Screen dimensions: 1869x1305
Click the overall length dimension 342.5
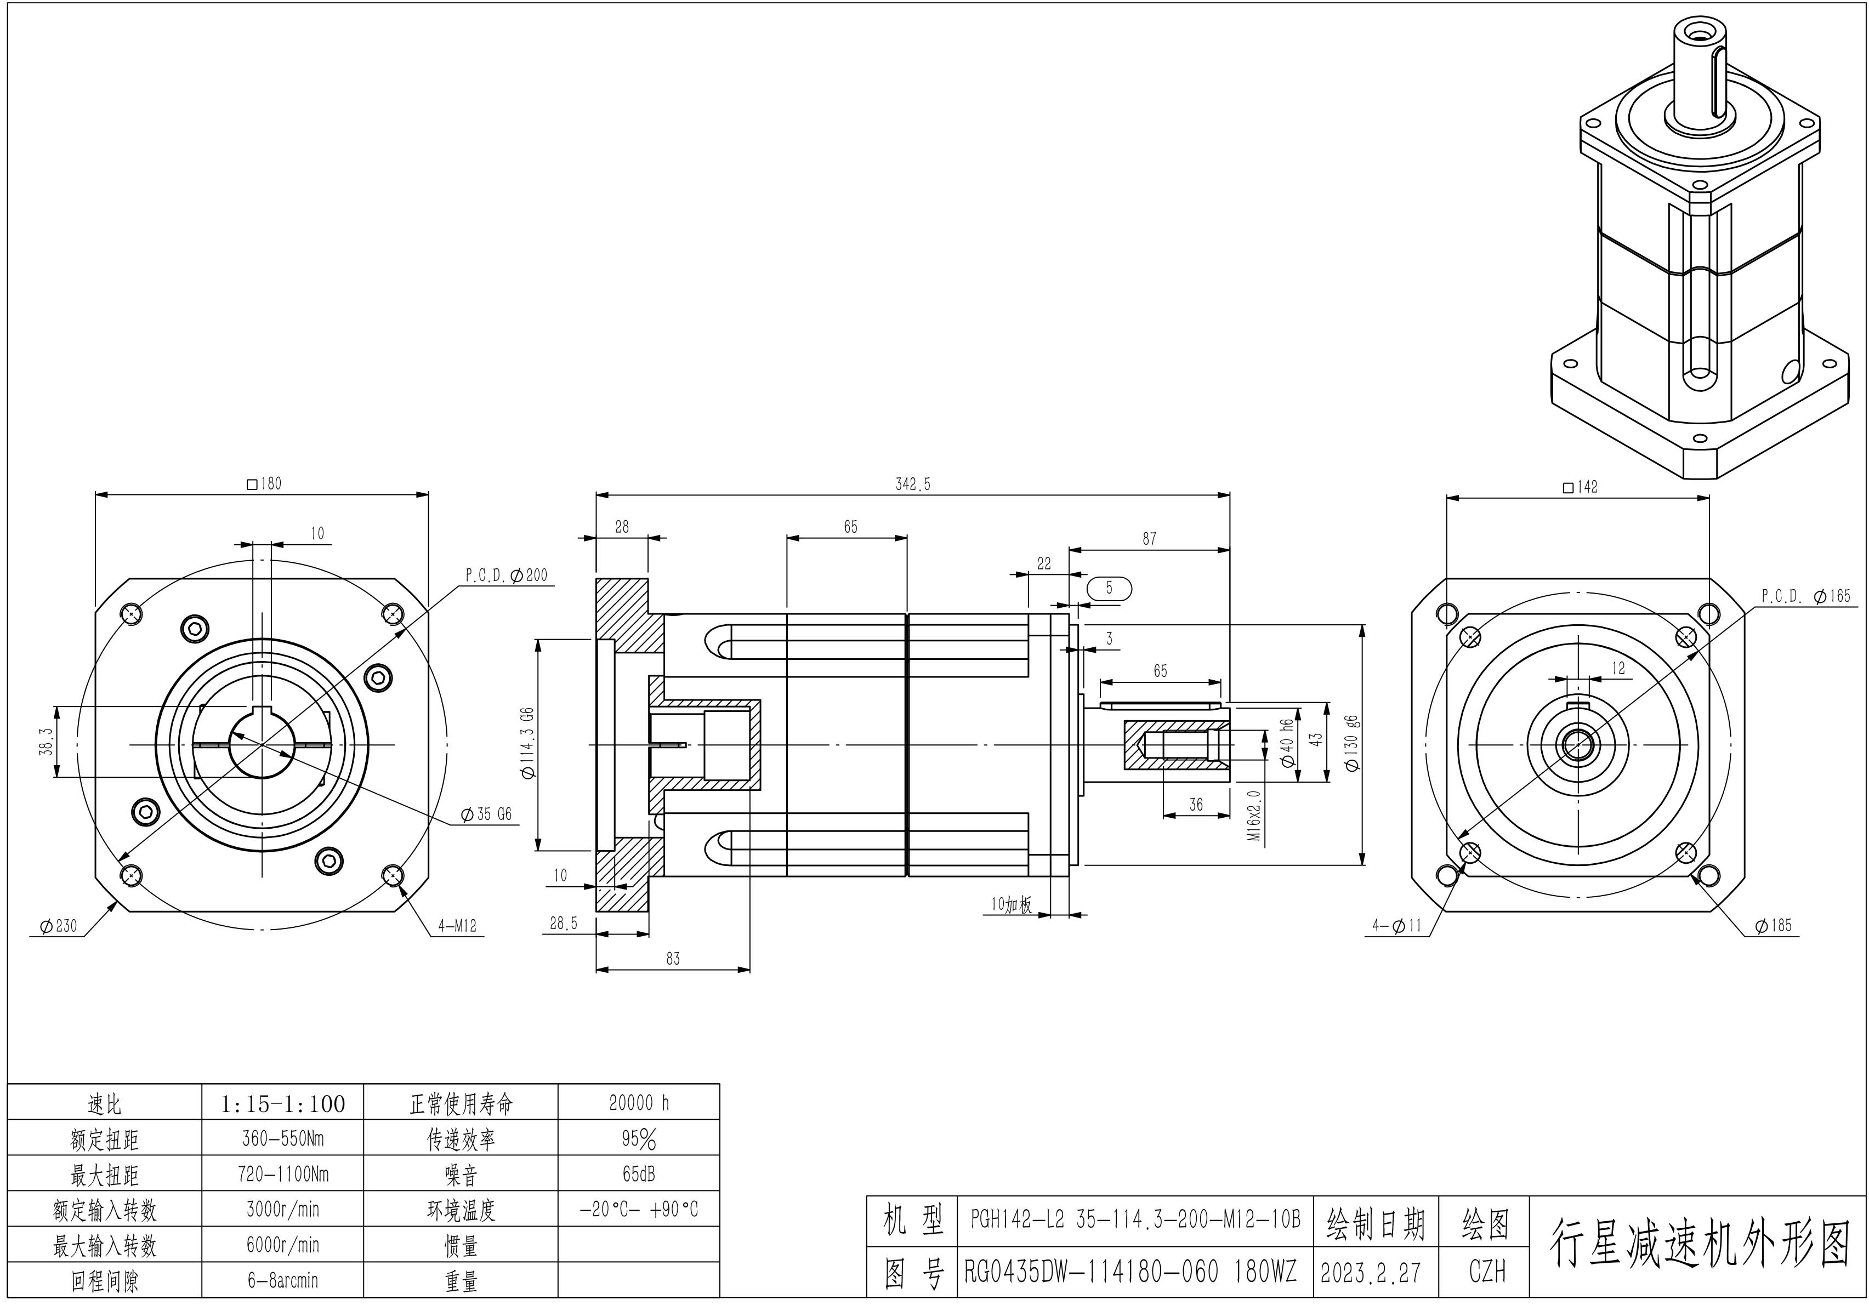pos(912,484)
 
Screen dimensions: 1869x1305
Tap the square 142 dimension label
pos(1580,487)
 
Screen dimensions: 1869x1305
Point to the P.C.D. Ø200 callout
pos(507,575)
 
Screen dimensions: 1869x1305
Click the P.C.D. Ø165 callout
pos(1806,596)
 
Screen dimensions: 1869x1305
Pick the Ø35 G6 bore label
pos(486,814)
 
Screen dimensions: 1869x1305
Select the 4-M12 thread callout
pos(457,926)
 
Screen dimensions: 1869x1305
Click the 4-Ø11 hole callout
pos(1397,925)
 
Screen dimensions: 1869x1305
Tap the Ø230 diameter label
pos(59,926)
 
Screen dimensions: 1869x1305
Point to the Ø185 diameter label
pos(1774,926)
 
